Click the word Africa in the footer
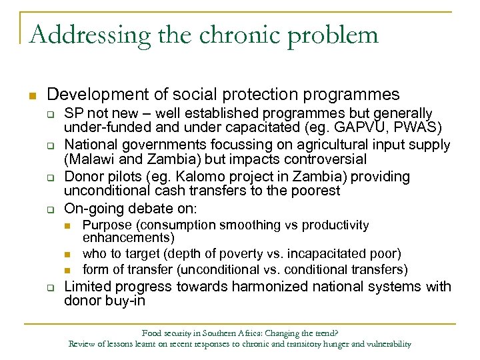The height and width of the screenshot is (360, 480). (228, 333)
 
